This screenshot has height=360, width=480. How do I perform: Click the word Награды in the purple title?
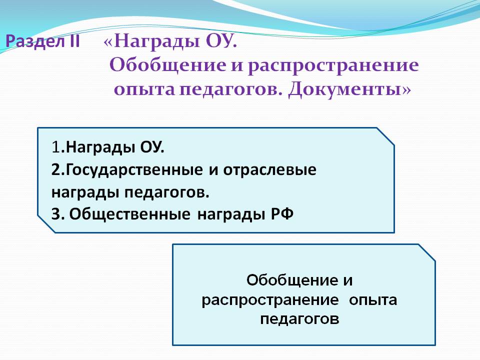[156, 41]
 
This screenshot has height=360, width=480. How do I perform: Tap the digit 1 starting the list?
[55, 147]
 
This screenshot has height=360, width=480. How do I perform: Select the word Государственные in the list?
[134, 170]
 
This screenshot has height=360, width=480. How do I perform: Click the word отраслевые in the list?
[269, 170]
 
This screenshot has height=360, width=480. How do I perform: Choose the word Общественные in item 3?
[130, 214]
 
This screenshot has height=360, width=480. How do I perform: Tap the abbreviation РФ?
[282, 213]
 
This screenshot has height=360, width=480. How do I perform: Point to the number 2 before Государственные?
[56, 169]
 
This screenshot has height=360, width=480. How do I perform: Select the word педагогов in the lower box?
[299, 319]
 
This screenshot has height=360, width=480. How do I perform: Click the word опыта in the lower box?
[373, 300]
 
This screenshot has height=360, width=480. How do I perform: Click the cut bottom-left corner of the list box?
[46, 224]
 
